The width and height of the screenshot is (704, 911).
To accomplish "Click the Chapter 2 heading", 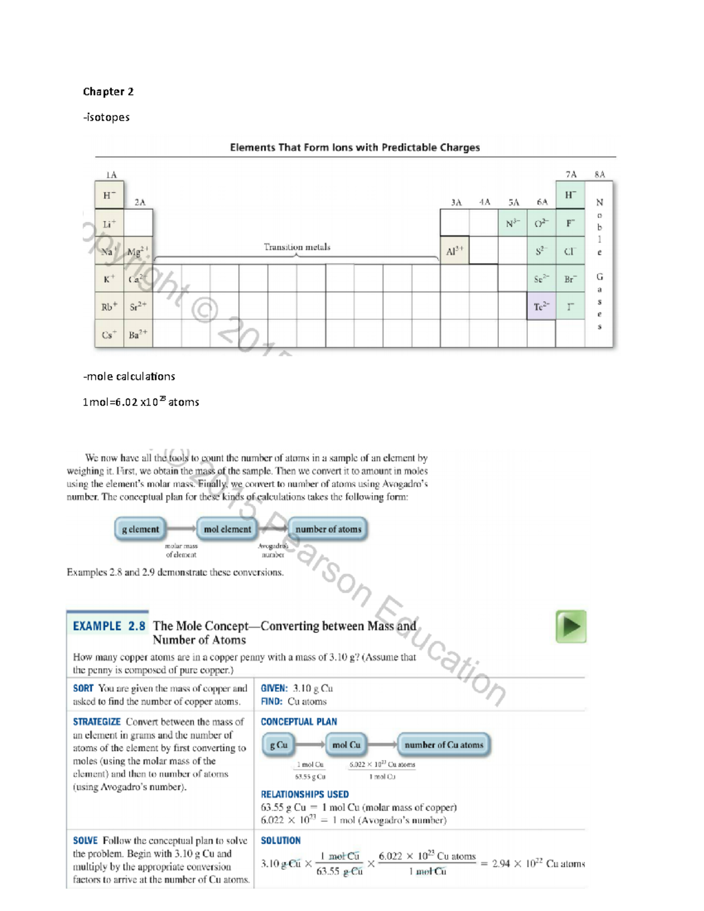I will click(x=108, y=92).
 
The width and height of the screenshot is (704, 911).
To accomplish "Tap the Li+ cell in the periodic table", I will click(x=109, y=223).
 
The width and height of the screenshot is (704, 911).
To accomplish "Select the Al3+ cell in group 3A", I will click(x=454, y=251).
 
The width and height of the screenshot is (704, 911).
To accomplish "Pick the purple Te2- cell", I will click(x=541, y=306).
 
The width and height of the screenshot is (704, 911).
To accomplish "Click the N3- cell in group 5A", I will click(x=512, y=223).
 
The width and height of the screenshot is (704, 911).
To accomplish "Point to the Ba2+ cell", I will click(x=138, y=334).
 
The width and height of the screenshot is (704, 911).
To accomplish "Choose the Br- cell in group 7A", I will click(x=570, y=279).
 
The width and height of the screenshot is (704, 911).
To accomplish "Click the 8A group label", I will click(x=599, y=174).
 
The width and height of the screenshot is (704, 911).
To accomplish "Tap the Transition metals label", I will click(x=297, y=247).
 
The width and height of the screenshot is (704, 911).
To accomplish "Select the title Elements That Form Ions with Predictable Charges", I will click(x=354, y=147).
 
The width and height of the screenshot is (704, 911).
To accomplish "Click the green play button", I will click(x=571, y=626).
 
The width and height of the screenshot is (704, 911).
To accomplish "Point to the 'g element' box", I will click(x=140, y=529).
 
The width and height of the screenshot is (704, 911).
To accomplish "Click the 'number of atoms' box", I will click(x=328, y=529).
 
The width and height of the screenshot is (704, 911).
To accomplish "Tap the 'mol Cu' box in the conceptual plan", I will click(x=346, y=745).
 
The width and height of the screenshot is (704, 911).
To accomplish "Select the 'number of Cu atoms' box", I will click(x=444, y=745).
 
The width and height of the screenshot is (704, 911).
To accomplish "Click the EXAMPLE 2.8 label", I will click(x=109, y=626).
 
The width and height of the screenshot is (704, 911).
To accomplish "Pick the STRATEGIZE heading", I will click(x=97, y=722).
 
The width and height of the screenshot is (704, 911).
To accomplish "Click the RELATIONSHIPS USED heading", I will click(x=304, y=794).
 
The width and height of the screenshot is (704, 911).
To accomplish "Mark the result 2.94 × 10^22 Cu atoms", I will click(x=538, y=863).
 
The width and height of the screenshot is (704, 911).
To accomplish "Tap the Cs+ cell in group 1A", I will click(x=109, y=334).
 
